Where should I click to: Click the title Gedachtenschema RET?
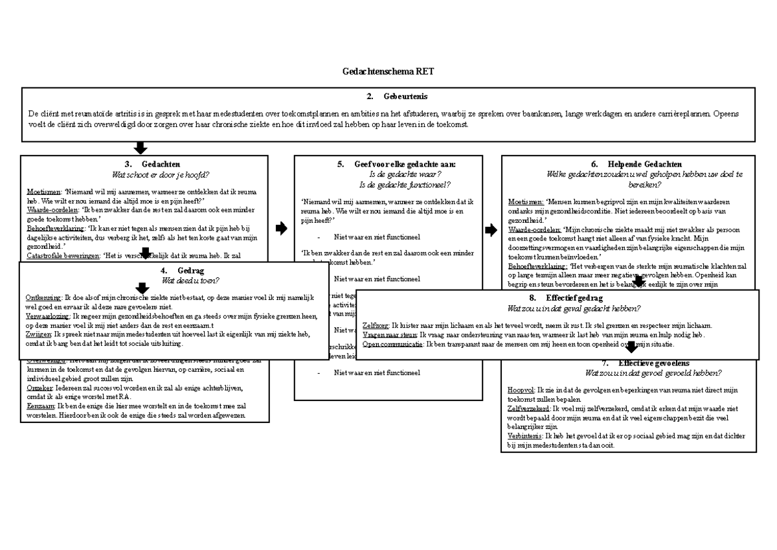pyautogui.click(x=388, y=72)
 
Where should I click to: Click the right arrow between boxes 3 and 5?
pyautogui.click(x=281, y=228)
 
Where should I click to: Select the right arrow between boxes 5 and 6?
pyautogui.click(x=491, y=229)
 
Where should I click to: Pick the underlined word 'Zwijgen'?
pyautogui.click(x=38, y=334)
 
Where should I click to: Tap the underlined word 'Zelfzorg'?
pyautogui.click(x=376, y=325)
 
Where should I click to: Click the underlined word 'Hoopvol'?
pyautogui.click(x=521, y=390)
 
